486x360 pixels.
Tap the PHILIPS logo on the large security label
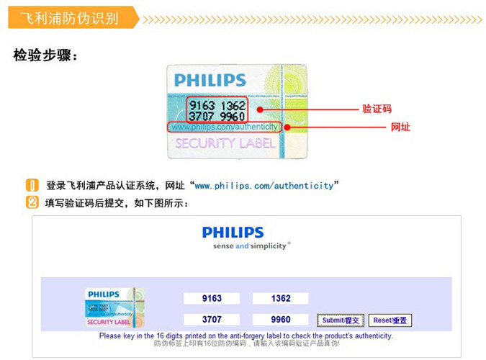coord(210,80)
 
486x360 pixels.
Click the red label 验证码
coord(377,109)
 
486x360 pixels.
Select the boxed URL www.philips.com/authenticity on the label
coord(225,127)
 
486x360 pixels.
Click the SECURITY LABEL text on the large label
coord(225,143)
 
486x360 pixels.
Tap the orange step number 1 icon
coord(32,185)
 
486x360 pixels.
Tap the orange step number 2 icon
coord(32,202)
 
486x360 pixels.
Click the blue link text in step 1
coord(264,186)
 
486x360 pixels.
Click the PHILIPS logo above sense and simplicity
coord(233,233)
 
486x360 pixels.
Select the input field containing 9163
coord(212,298)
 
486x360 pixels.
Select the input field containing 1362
coord(281,298)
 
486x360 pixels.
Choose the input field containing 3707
coord(212,319)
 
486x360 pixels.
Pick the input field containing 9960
coord(281,319)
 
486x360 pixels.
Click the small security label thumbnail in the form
coord(115,307)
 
